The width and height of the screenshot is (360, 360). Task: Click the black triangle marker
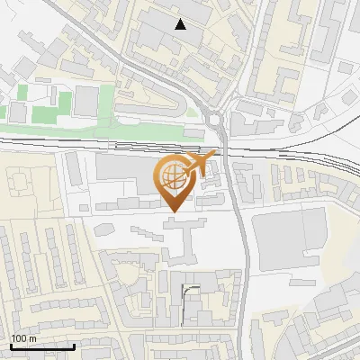tap(181, 24)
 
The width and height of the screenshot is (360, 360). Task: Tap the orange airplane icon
tap(199, 165)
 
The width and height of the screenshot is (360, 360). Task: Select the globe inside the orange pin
tap(172, 176)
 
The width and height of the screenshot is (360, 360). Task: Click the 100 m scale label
tap(23, 338)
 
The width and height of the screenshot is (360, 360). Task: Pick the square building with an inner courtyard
tap(19, 181)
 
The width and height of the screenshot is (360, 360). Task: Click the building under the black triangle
tap(175, 40)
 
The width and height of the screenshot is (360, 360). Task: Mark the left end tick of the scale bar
tap(11, 346)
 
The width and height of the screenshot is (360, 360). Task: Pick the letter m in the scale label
tap(32, 338)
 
